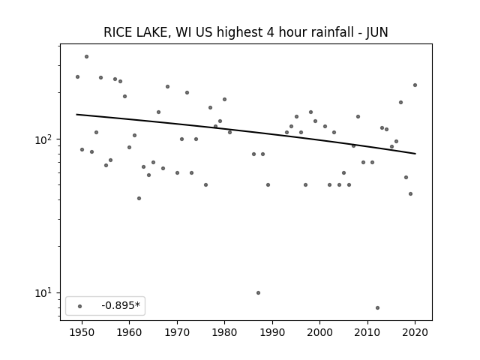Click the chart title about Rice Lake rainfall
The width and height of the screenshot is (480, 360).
[246, 32]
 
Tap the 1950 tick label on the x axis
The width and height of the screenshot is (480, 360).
[82, 332]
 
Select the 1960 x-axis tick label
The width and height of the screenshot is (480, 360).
[129, 332]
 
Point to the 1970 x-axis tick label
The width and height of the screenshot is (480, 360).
[177, 332]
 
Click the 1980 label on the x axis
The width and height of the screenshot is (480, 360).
[224, 332]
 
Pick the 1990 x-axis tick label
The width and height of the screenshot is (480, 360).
[272, 332]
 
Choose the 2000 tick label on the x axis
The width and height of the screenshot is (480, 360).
[319, 332]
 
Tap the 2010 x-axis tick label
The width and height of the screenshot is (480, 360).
[367, 332]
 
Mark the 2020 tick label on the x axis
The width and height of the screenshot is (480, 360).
[415, 332]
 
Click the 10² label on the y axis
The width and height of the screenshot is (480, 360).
[44, 139]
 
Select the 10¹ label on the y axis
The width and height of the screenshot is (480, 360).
[44, 293]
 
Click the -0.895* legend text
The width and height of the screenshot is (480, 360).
[121, 305]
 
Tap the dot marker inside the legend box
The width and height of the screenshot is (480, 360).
[80, 306]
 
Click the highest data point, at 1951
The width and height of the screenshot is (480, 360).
[87, 57]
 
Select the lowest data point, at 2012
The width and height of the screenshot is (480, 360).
[377, 307]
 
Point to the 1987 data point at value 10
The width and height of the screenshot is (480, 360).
[258, 292]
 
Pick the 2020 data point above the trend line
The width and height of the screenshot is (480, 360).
[415, 85]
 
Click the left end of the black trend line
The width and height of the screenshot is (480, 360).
[76, 115]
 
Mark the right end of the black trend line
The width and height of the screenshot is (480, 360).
[415, 154]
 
